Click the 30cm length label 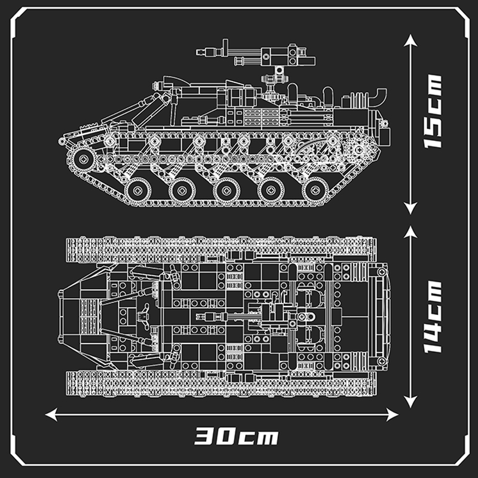[236, 436]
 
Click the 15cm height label [432, 111]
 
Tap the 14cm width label [432, 317]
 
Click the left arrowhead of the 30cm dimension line [51, 415]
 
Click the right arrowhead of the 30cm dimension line [393, 415]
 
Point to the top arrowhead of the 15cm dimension [410, 40]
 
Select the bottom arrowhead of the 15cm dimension [410, 208]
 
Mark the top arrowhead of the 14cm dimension [410, 232]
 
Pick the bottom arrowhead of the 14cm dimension [410, 402]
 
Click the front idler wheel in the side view [83, 159]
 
